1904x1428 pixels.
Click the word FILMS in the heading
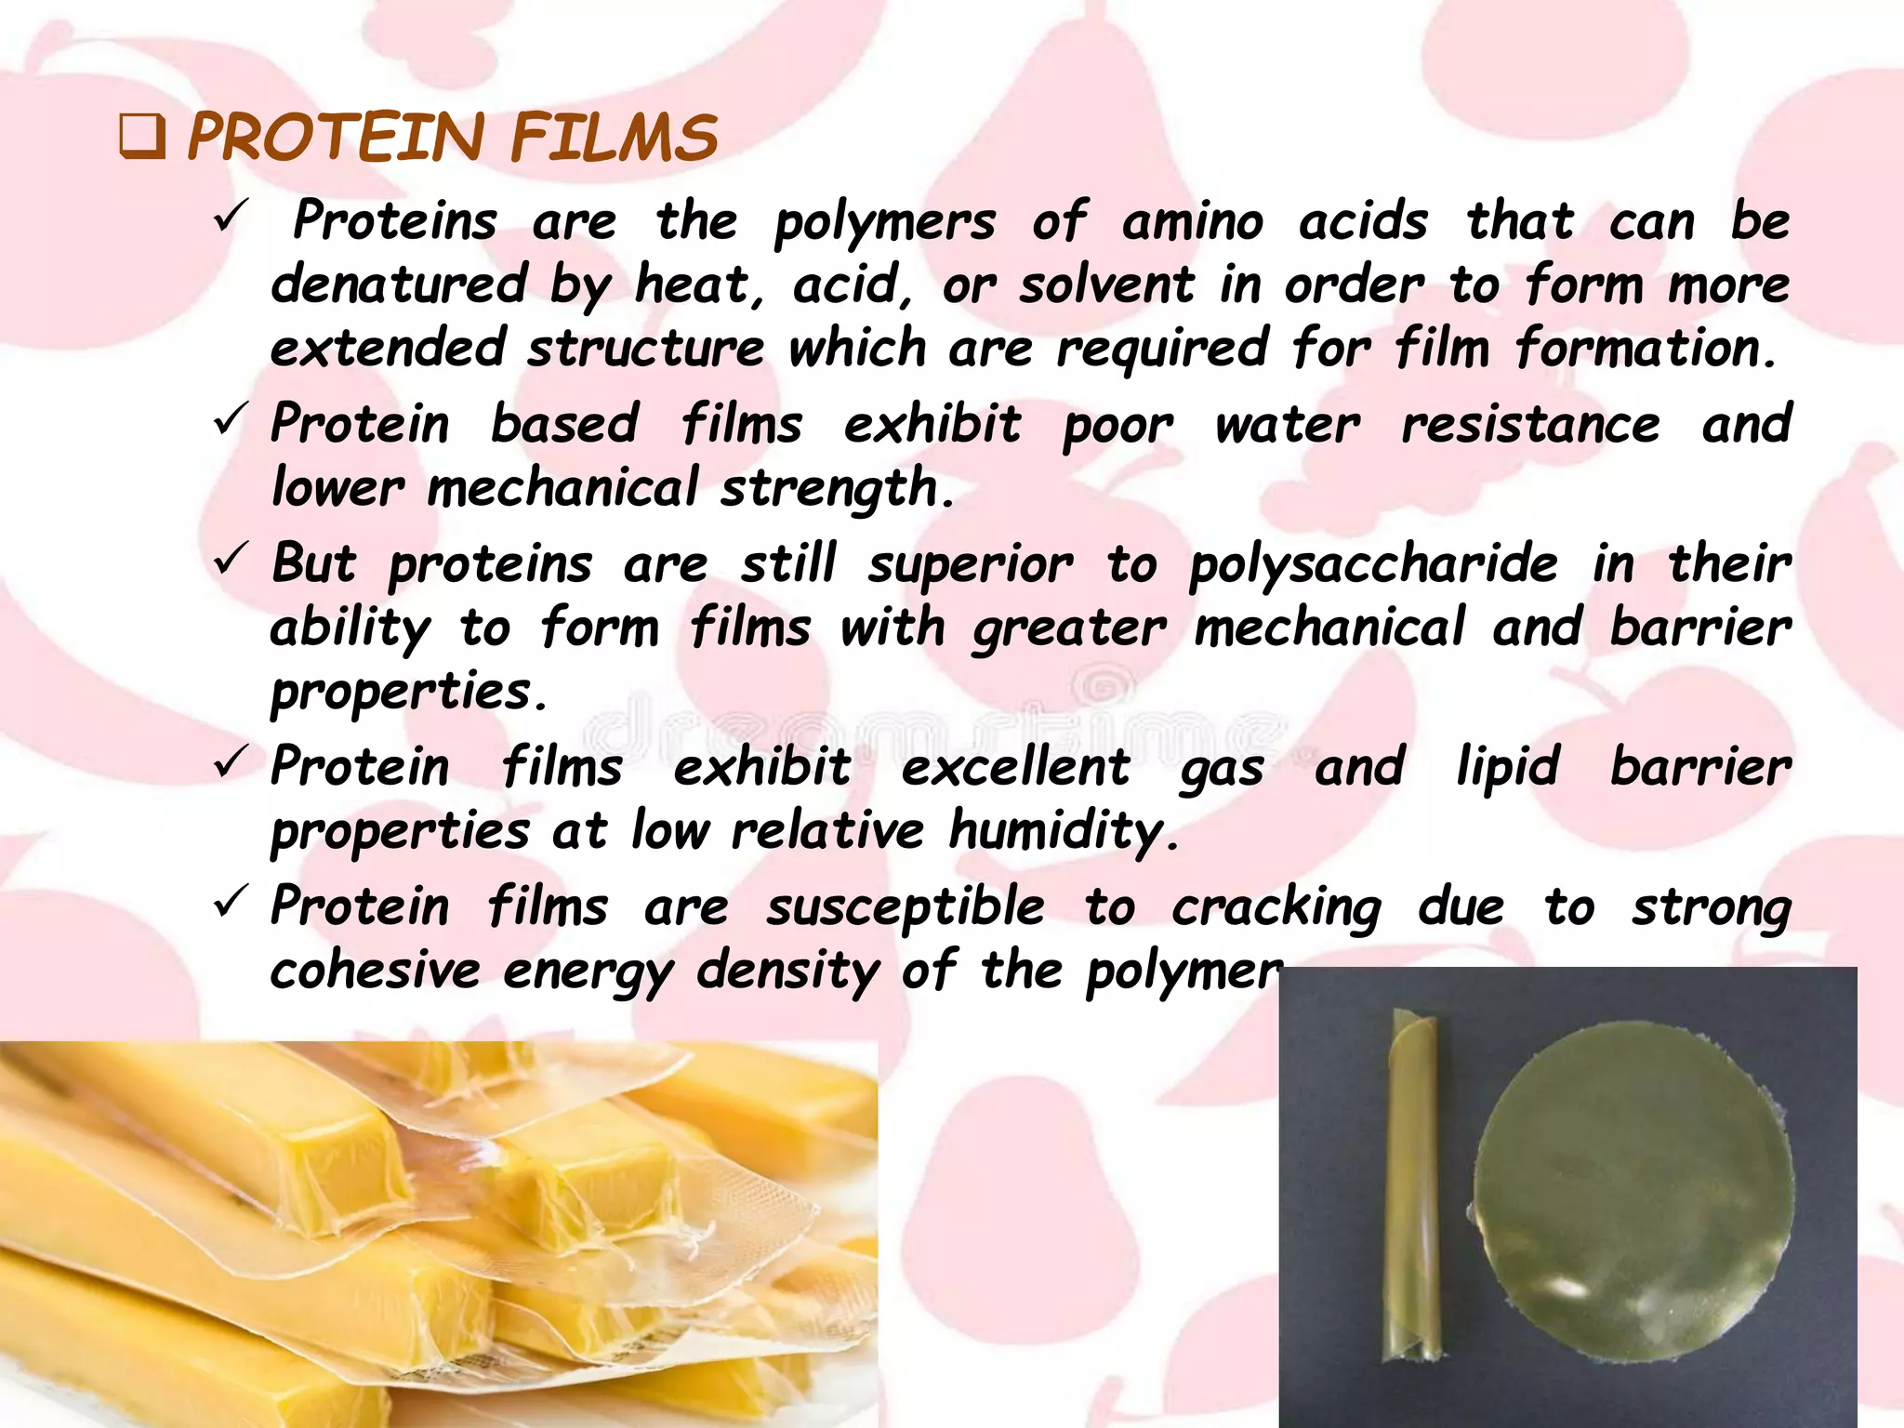point(614,138)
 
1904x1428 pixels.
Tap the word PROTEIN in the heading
point(336,138)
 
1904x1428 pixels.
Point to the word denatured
point(399,284)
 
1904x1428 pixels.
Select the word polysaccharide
point(1374,564)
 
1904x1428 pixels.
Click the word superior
point(970,564)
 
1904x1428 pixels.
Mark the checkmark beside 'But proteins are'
point(229,558)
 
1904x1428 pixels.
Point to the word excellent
point(1015,767)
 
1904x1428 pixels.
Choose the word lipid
point(1507,767)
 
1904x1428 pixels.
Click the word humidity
point(1063,830)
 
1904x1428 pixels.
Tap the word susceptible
point(905,906)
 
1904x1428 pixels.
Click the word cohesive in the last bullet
point(375,971)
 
